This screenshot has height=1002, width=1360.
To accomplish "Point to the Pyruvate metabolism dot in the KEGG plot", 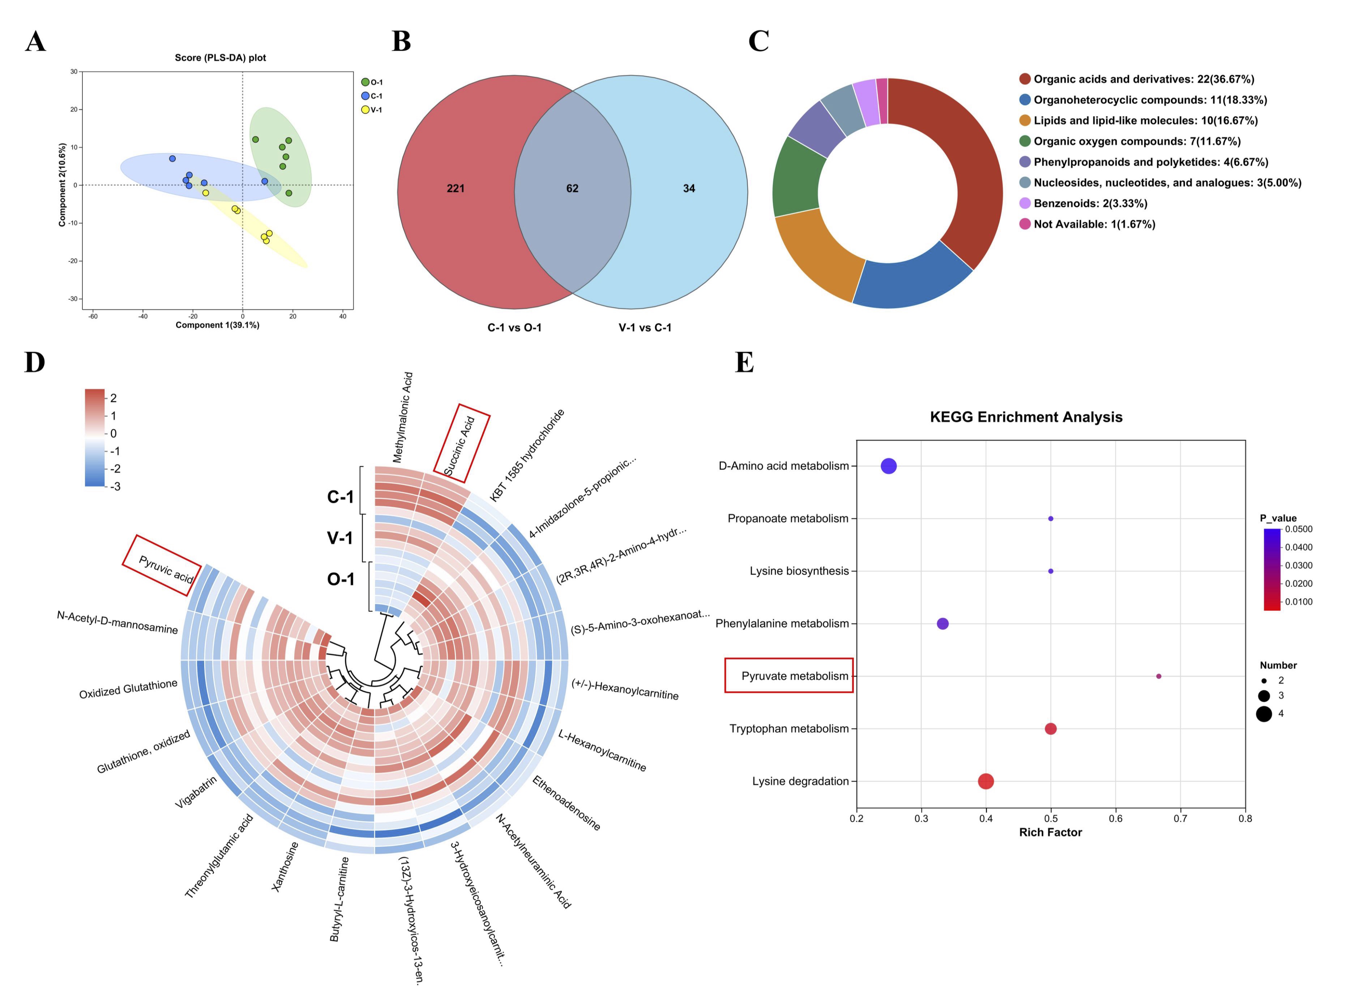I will click(1158, 676).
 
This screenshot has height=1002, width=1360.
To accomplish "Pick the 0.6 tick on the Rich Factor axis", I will click(1115, 818).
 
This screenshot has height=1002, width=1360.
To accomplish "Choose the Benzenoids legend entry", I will click(1089, 203).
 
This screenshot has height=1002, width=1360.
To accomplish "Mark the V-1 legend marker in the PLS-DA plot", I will click(365, 110).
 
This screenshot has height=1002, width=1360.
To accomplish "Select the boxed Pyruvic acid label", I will click(165, 569).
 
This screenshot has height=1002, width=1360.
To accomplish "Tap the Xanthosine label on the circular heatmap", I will click(285, 866).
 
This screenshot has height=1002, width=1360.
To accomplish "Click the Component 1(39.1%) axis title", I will click(217, 325).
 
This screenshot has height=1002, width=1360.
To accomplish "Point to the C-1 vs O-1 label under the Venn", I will click(514, 327).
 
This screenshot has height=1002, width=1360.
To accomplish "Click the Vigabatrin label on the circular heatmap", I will click(196, 792).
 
